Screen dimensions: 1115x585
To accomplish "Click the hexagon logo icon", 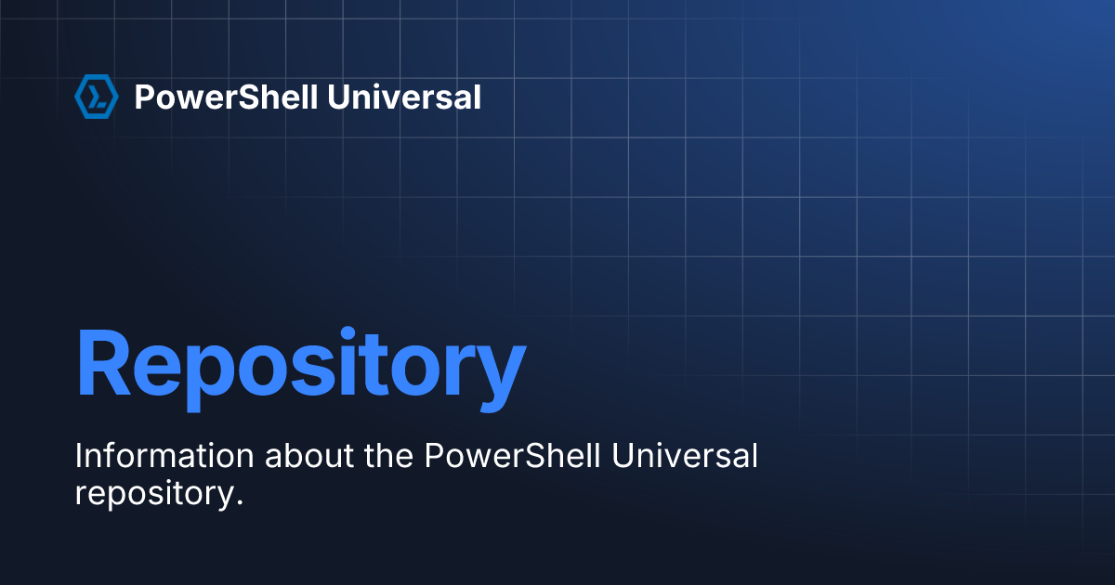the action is [97, 97].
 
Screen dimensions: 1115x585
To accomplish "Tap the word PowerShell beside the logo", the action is [226, 97].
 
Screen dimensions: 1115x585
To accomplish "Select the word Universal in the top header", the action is [404, 97].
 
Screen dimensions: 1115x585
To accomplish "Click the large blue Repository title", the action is [301, 370].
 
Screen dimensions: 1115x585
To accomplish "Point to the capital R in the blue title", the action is [103, 363].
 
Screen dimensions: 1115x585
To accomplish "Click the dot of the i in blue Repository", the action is [348, 333].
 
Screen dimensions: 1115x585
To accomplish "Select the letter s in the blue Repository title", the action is [312, 371].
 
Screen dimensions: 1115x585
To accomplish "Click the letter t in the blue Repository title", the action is [373, 366].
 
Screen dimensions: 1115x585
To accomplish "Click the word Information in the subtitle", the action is [164, 455].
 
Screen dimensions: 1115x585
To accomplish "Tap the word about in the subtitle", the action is [309, 455].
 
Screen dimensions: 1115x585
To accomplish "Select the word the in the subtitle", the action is [388, 455].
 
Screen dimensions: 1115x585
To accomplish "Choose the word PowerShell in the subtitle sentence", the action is [512, 455].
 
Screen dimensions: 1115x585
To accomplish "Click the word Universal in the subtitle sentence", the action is [685, 455].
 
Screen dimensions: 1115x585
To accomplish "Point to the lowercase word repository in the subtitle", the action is [155, 495].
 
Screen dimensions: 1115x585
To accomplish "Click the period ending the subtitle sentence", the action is [240, 503].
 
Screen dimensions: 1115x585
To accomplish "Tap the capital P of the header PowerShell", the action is [145, 97].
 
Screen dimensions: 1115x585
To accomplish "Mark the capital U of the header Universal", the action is [339, 97].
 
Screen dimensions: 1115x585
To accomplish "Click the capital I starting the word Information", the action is [77, 456].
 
